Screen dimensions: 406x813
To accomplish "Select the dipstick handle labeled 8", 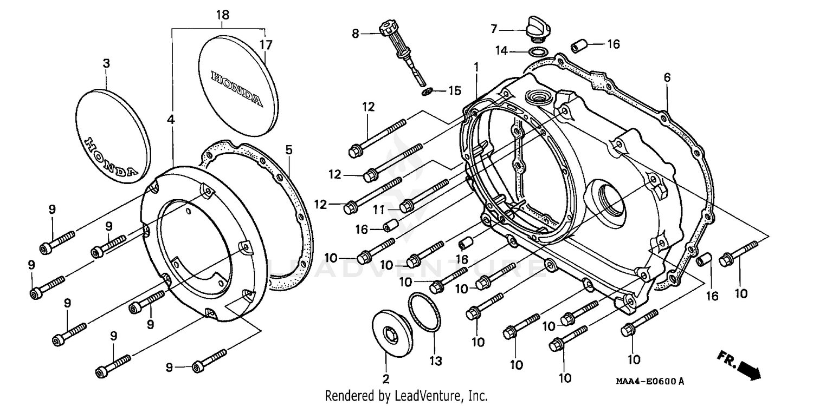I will coord(389,30).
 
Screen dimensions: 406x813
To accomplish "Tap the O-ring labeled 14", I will coord(537,52).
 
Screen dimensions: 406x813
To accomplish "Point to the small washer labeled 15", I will coord(427,91).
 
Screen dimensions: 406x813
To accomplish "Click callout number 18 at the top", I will coord(223,16).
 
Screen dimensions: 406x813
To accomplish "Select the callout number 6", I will coord(667,78).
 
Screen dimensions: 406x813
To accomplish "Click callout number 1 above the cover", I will coord(476,67).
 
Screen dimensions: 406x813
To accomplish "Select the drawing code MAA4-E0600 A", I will coord(649,382).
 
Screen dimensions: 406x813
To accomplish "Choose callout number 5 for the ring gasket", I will coord(289,148).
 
